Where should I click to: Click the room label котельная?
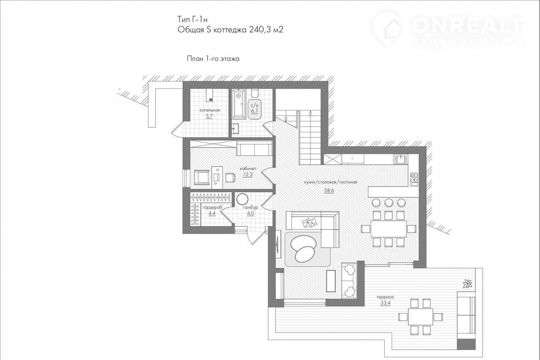210,110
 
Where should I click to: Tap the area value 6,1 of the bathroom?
254,111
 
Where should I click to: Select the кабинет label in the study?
248,169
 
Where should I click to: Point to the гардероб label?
212,207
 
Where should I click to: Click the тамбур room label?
251,207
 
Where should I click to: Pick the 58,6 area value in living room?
329,191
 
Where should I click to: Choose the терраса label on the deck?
385,297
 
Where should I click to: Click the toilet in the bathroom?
255,94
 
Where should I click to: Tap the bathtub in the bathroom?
239,104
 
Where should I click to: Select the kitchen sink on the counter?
400,159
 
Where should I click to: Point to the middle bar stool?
389,203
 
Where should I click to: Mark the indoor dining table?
389,229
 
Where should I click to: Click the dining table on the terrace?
421,317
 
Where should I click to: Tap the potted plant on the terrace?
468,284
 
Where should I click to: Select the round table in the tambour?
242,199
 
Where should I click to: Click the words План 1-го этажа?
213,59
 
